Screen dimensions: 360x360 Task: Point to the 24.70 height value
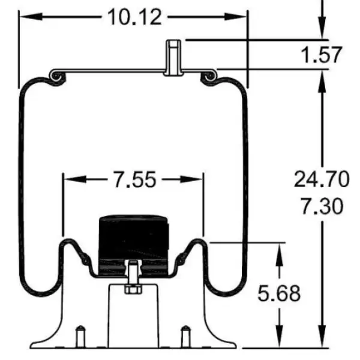322,178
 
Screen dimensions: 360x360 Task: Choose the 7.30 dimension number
322,206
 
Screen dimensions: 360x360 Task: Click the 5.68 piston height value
278,294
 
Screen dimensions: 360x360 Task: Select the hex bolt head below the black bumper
131,289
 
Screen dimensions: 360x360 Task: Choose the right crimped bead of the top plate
210,76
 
